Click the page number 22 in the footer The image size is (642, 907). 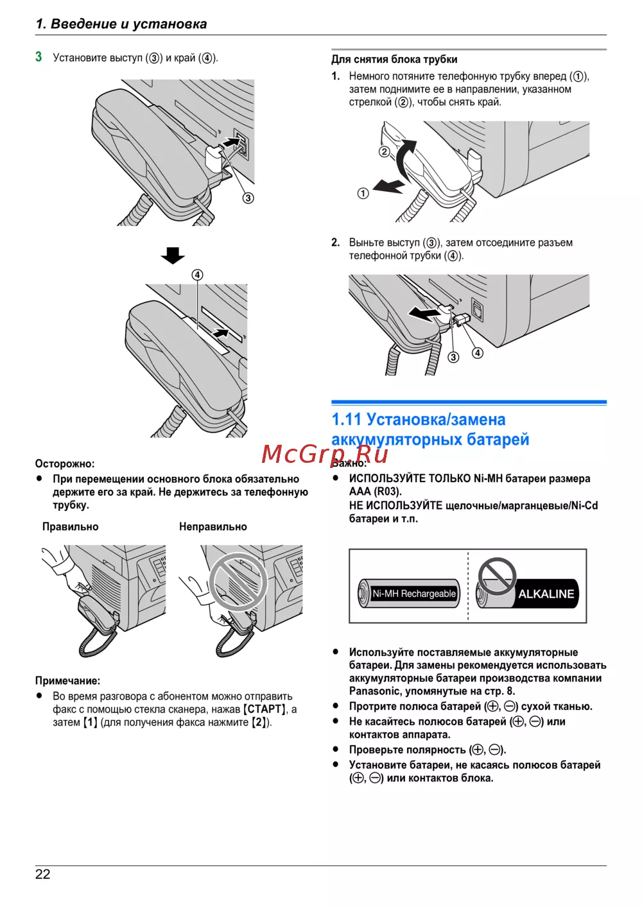point(42,875)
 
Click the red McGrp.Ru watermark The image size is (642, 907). point(324,454)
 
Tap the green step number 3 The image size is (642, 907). point(39,56)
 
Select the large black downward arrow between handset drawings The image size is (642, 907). point(173,255)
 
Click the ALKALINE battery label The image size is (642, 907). point(546,594)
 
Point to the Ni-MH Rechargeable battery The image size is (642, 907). point(409,593)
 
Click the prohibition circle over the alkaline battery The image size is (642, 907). point(497,577)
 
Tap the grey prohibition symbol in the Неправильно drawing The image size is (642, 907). point(239,582)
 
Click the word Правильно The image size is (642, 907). point(71,527)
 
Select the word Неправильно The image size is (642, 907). point(213,527)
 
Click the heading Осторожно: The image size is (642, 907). point(65,463)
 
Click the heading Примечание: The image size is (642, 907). point(67,680)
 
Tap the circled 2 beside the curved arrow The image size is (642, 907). point(384,152)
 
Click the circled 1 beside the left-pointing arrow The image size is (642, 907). point(363,194)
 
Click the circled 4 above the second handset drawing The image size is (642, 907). point(197,275)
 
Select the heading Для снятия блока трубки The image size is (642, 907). point(395,60)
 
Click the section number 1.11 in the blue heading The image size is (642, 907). point(346,420)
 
